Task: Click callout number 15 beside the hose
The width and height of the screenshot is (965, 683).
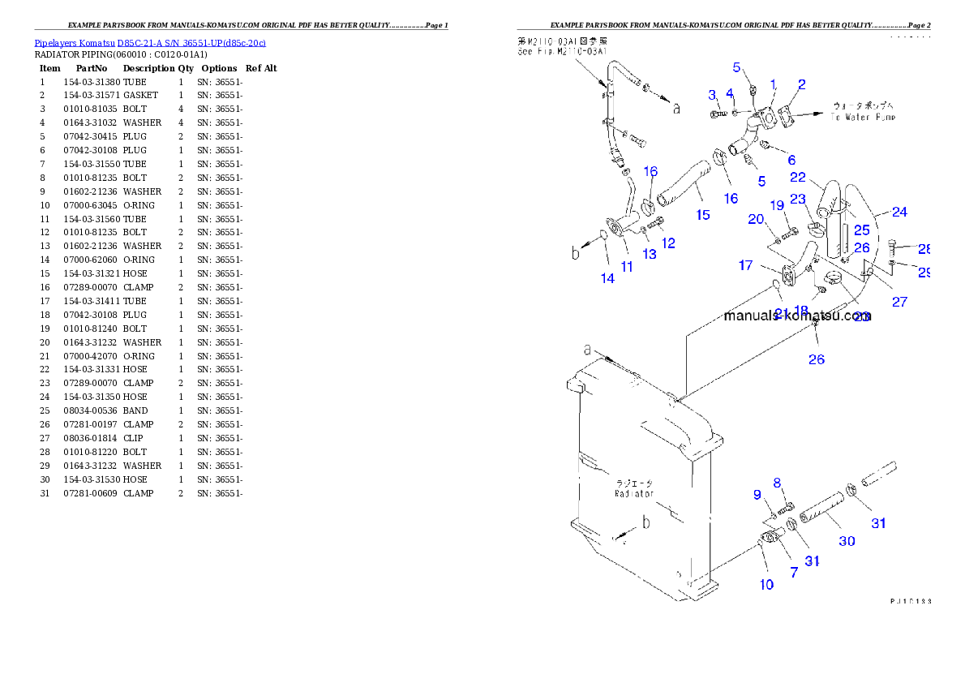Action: [703, 214]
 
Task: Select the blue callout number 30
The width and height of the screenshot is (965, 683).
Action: [847, 541]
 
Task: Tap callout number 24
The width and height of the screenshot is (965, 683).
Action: [899, 213]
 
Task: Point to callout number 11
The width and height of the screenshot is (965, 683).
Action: [627, 266]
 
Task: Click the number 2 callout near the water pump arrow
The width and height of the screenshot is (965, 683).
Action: [801, 84]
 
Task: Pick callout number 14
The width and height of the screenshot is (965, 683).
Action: [607, 278]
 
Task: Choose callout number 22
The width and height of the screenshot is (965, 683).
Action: [798, 177]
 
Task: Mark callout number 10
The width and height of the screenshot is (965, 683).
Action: [766, 584]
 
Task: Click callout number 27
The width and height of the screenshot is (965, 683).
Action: [899, 302]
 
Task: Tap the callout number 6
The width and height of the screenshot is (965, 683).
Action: [791, 160]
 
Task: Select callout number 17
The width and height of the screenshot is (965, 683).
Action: [746, 265]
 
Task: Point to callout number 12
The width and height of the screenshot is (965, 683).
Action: [667, 243]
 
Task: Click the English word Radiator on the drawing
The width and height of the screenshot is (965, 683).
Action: [633, 493]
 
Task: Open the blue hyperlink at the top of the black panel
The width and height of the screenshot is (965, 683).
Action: [150, 43]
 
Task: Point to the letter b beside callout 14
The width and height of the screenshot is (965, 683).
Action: [576, 253]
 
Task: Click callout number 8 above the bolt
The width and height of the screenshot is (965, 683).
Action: [777, 483]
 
